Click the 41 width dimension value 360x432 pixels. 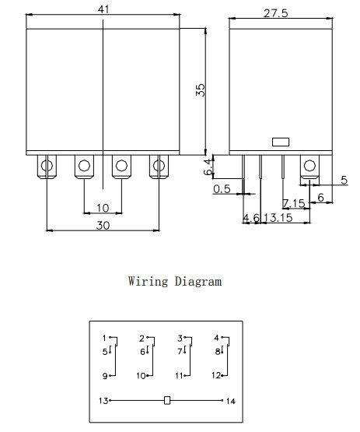(x=103, y=9)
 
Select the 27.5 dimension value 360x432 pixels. (x=276, y=13)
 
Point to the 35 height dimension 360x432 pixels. (x=201, y=90)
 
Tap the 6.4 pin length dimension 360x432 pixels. (x=208, y=167)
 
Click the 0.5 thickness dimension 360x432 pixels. (x=222, y=189)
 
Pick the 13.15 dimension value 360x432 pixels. (x=278, y=218)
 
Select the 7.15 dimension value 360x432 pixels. (x=294, y=203)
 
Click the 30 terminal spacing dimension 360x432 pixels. (x=103, y=226)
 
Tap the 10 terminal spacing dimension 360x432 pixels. (x=103, y=208)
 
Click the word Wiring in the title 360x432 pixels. (x=148, y=281)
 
